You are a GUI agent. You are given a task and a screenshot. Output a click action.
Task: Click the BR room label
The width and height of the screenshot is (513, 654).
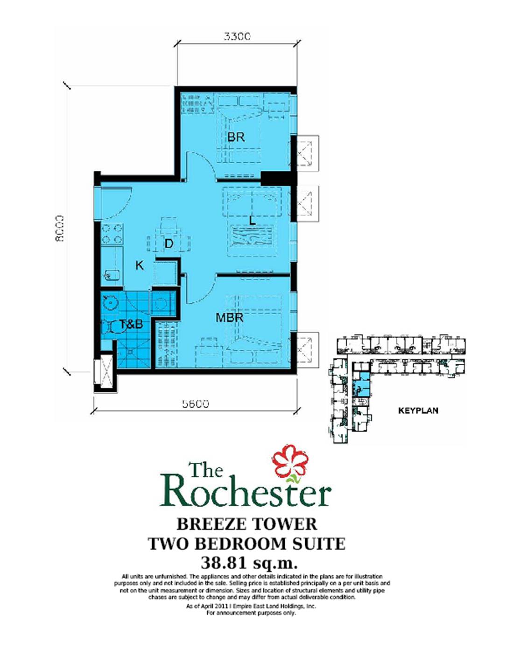(x=236, y=137)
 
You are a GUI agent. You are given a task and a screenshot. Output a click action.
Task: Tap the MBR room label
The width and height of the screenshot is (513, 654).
(x=229, y=318)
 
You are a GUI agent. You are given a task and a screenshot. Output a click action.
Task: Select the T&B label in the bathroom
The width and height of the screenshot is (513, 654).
(x=131, y=324)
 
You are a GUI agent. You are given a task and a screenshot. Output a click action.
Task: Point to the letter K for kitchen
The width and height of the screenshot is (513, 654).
(x=139, y=265)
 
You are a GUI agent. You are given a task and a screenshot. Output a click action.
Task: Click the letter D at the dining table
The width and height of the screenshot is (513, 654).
(x=169, y=244)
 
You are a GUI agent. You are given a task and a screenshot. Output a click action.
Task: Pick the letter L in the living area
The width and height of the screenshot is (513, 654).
(x=253, y=221)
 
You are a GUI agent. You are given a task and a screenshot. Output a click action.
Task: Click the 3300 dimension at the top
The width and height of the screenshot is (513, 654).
(x=237, y=36)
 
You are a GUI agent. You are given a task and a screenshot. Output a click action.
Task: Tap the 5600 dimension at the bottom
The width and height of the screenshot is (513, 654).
(x=195, y=404)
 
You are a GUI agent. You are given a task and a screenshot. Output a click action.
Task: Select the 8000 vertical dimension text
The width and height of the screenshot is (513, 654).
(x=59, y=228)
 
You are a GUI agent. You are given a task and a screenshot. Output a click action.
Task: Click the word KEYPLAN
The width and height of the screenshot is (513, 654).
(x=418, y=411)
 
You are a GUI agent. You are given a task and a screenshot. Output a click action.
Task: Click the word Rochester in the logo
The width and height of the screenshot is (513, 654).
(x=246, y=491)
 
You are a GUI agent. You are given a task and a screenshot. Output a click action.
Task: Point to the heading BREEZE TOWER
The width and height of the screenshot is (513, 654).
(x=246, y=524)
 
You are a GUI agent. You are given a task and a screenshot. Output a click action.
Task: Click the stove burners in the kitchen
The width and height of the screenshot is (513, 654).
(x=112, y=234)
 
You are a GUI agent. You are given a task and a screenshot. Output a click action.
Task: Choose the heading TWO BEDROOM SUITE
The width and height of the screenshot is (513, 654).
(x=246, y=543)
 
